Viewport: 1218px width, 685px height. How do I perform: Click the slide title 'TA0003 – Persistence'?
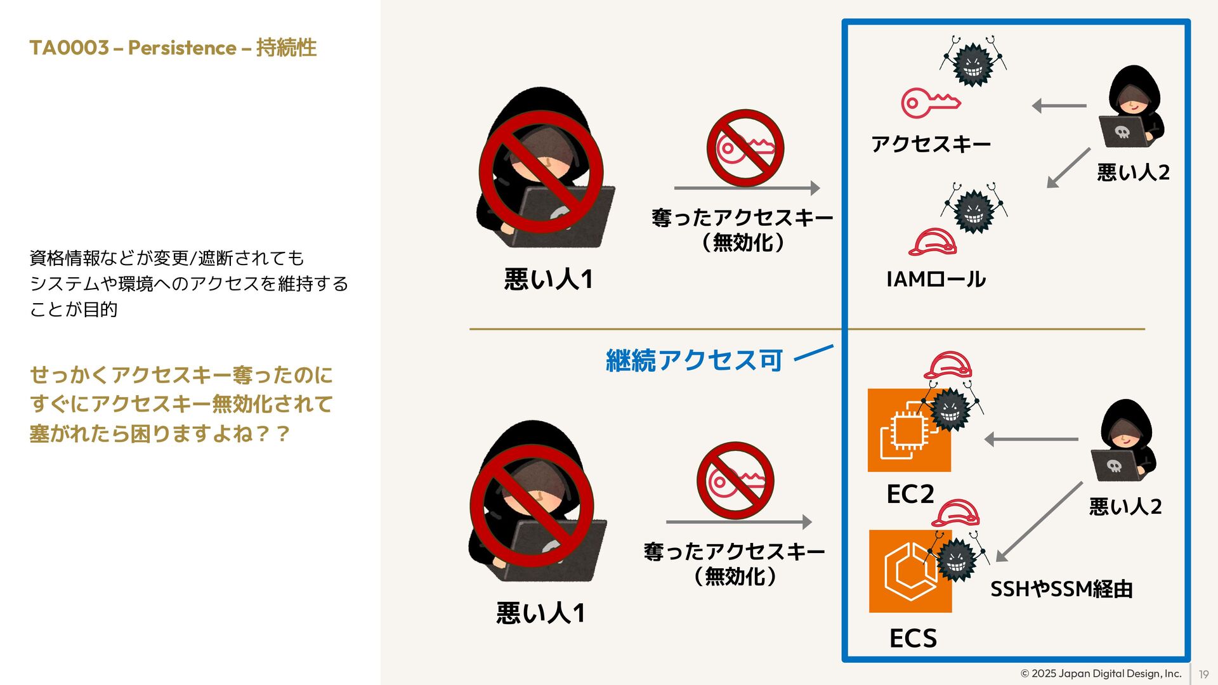coord(173,48)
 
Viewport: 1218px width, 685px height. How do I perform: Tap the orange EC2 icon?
coord(908,430)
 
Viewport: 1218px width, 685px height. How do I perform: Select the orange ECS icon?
coord(910,571)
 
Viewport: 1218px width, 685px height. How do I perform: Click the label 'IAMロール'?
coord(936,279)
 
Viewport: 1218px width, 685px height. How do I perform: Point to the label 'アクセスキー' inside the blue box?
coord(931,145)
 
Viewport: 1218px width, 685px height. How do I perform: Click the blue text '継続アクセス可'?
coord(694,360)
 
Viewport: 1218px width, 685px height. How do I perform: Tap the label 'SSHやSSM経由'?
coord(1061,589)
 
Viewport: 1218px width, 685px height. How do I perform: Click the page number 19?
coord(1203,675)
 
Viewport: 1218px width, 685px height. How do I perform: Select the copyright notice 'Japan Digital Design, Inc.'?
coord(1101,674)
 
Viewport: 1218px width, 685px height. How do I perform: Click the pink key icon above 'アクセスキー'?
coord(930,103)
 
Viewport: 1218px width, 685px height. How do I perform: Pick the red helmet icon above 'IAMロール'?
coord(932,242)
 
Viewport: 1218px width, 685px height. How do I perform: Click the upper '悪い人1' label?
coord(548,279)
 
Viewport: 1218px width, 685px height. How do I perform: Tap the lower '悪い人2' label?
coord(1125,507)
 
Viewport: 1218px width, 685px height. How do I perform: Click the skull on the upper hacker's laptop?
coord(1122,132)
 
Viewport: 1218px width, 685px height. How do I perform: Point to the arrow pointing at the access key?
coord(1059,106)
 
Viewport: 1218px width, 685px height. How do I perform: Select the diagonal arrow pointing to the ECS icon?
coord(1038,522)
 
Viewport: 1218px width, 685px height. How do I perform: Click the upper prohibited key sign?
coord(745,148)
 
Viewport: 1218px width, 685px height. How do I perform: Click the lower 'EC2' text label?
coord(910,494)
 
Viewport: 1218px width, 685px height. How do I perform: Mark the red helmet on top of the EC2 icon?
coord(947,366)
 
